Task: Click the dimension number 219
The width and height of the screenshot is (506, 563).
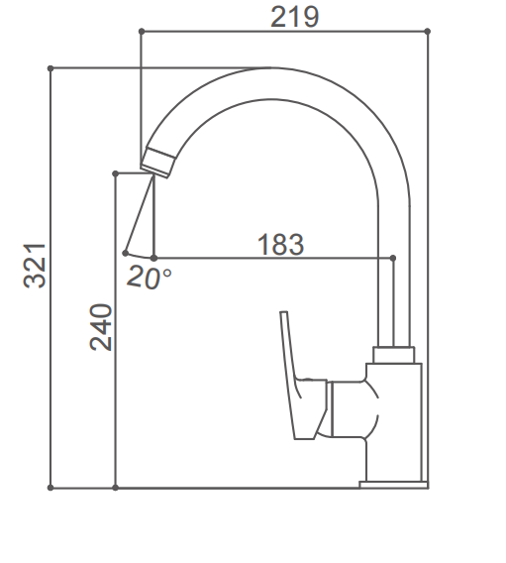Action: tap(294, 17)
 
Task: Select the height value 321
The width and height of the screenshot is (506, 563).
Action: tap(35, 265)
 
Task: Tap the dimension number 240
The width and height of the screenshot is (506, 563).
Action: tap(101, 327)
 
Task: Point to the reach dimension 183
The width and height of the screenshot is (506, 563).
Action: tap(280, 244)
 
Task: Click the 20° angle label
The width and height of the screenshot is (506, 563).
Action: tap(149, 278)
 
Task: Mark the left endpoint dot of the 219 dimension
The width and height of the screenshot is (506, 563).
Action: tap(141, 32)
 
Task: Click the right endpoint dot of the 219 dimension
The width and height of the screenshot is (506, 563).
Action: tap(428, 32)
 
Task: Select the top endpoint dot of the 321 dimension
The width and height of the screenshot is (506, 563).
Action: tap(50, 68)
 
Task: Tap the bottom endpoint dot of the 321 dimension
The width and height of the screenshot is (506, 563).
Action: tap(50, 487)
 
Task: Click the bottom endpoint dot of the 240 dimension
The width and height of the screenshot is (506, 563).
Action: tap(116, 487)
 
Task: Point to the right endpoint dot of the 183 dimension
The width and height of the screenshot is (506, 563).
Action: tap(394, 258)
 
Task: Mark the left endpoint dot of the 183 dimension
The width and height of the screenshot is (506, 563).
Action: tap(153, 258)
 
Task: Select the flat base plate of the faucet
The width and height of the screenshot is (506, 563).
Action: tap(393, 485)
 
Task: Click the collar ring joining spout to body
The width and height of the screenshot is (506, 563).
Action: tap(394, 354)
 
